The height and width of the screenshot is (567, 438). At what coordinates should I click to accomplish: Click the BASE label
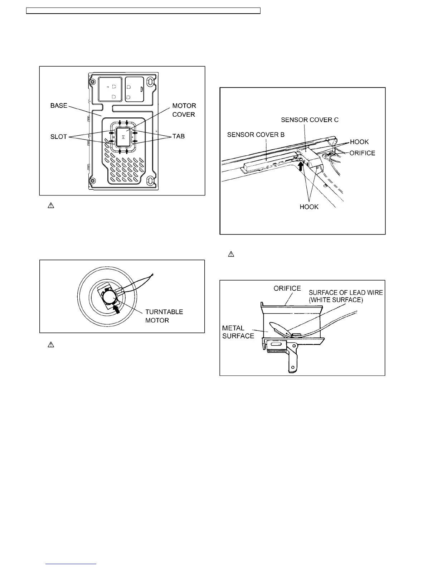(x=59, y=106)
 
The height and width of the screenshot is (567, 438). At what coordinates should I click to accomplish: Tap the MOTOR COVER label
(x=184, y=110)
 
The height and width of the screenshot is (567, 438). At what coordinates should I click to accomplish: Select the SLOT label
(x=59, y=136)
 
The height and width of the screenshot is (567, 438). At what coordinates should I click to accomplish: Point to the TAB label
(x=179, y=136)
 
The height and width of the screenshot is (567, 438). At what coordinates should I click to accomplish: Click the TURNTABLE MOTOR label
(x=164, y=316)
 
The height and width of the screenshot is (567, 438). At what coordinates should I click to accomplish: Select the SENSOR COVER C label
(x=310, y=120)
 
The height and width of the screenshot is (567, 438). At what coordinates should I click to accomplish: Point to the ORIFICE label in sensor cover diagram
(x=362, y=153)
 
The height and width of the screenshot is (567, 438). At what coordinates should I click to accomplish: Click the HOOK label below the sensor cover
(x=309, y=207)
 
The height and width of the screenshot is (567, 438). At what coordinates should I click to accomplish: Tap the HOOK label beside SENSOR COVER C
(x=359, y=142)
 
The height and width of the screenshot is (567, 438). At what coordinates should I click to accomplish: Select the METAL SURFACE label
(x=238, y=332)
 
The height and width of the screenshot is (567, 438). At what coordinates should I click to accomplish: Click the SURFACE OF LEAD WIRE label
(x=346, y=296)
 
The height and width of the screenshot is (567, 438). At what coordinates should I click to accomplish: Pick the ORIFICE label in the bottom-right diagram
(x=287, y=288)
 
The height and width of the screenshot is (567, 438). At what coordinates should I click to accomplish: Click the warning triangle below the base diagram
(x=51, y=206)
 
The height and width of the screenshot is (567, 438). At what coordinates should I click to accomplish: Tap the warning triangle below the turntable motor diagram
(x=51, y=345)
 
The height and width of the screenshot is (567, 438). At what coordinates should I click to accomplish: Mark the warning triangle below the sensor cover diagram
(x=231, y=255)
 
